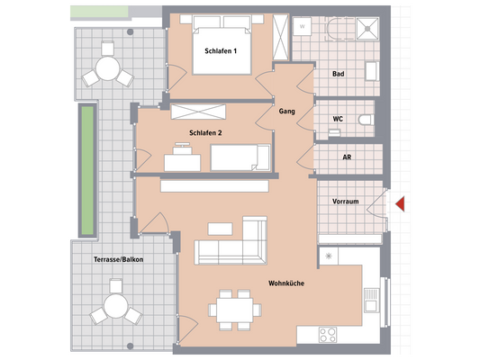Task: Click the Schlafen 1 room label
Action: [221, 51]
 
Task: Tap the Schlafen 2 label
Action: [206, 132]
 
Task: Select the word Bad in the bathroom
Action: [338, 74]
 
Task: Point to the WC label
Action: [336, 117]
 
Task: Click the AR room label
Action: [346, 157]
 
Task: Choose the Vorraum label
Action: [346, 202]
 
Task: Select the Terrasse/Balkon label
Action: [118, 259]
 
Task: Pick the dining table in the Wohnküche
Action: [233, 308]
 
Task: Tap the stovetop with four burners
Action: [329, 334]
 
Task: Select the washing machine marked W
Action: [303, 26]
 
